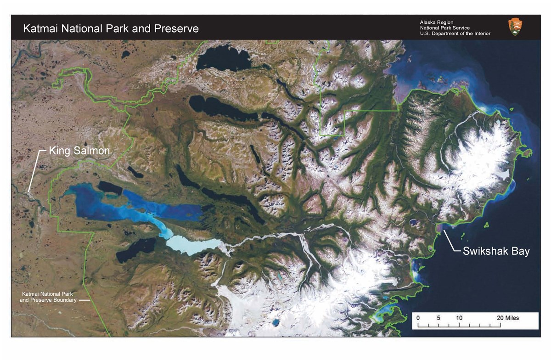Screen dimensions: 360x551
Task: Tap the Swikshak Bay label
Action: click(496, 251)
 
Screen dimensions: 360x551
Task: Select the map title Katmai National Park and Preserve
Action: click(111, 28)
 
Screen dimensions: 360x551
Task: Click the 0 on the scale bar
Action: click(418, 318)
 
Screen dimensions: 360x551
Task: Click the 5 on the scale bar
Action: click(439, 318)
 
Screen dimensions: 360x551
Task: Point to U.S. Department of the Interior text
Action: click(455, 34)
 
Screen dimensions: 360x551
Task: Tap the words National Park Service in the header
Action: click(444, 28)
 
